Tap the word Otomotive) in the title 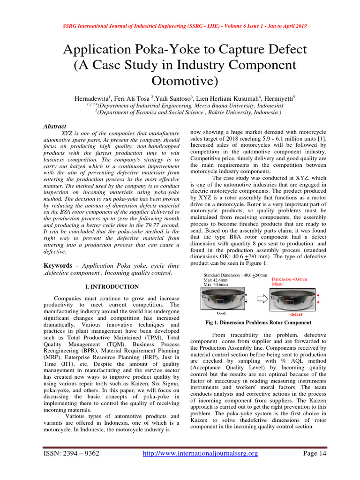180,81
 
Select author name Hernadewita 91,99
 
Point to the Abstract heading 55,127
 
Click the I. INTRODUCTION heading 111,286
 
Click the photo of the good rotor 222,299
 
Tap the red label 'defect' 296,314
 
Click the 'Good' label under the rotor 222,313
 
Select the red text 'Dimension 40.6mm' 289,279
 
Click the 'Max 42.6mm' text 216,280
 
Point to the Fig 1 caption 258,322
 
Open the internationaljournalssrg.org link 200,453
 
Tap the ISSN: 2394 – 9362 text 71,453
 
